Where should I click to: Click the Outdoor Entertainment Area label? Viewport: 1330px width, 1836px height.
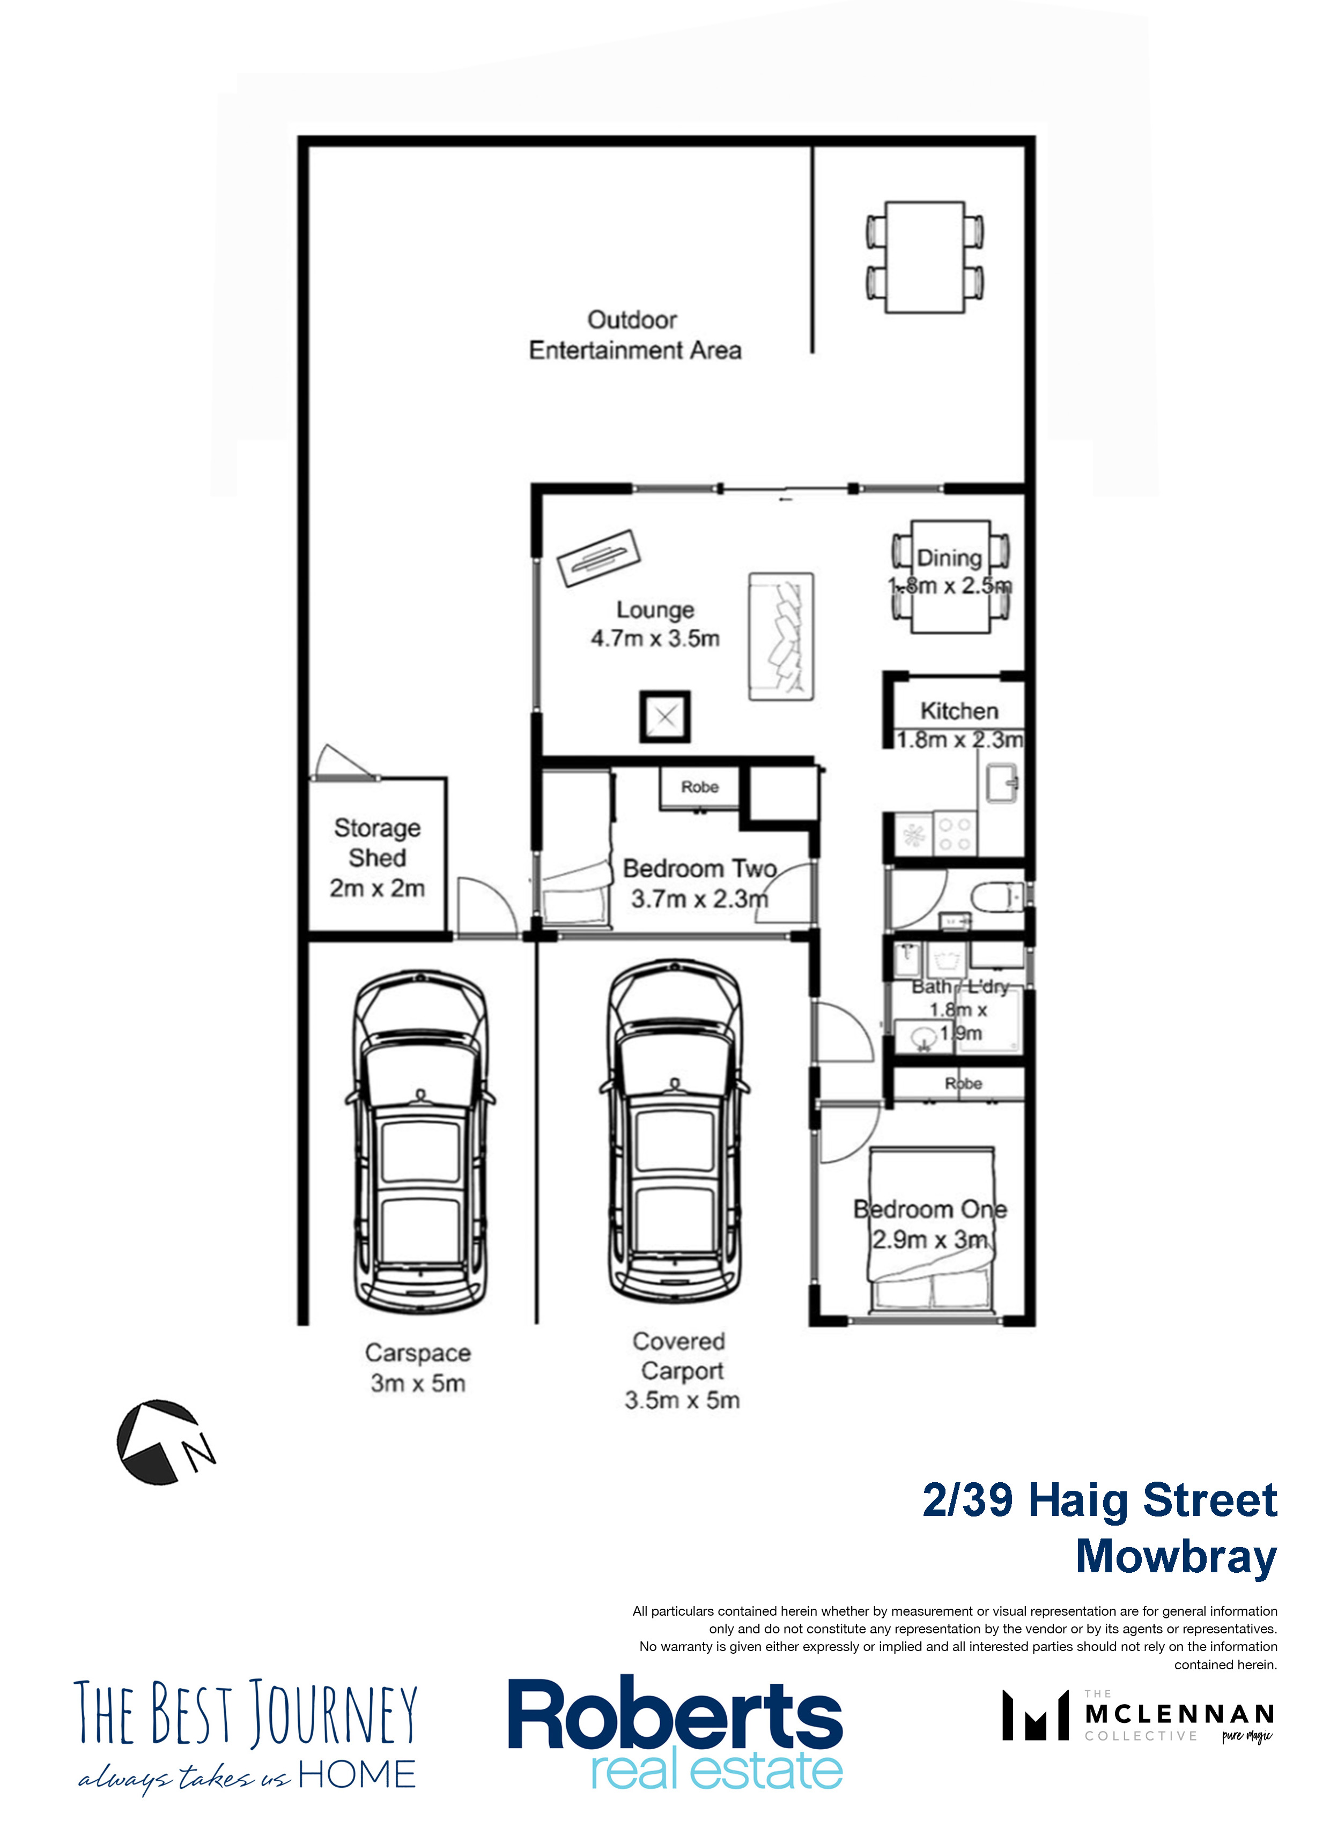(634, 335)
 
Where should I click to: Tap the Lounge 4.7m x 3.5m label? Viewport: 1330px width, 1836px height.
(655, 624)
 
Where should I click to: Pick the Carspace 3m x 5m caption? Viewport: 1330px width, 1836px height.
(418, 1367)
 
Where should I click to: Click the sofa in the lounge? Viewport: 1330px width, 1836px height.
(781, 637)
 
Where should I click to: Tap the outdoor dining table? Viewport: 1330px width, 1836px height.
(925, 257)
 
